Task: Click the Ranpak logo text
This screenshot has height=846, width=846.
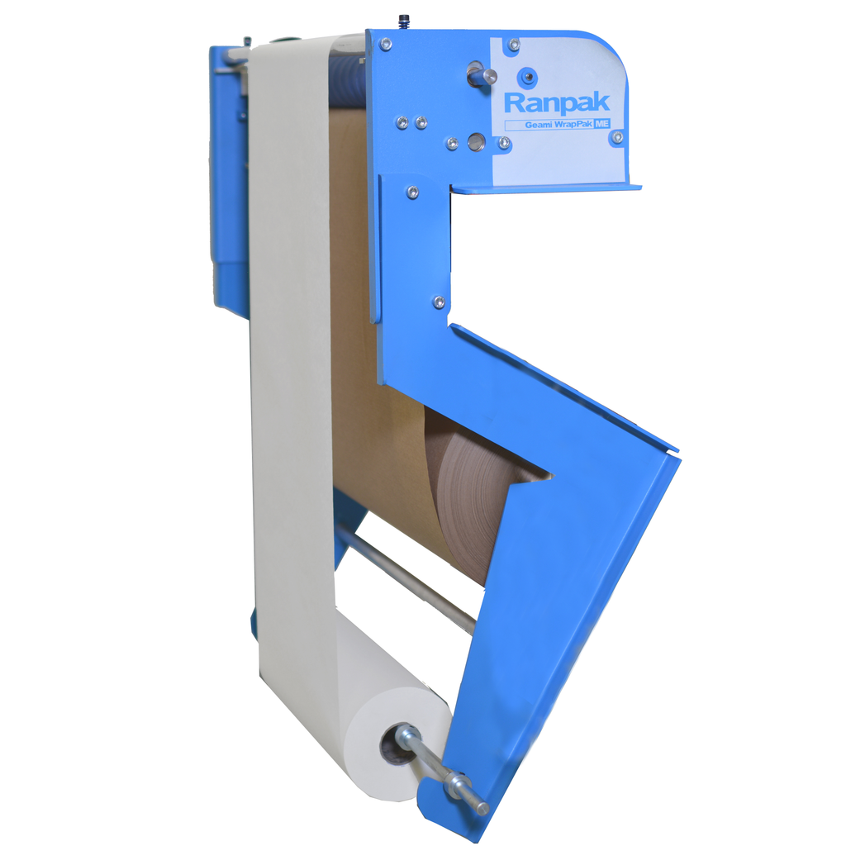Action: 557,102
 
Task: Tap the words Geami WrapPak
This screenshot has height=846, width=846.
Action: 559,125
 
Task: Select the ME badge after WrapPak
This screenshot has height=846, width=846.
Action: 602,124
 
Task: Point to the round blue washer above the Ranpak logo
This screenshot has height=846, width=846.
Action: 527,77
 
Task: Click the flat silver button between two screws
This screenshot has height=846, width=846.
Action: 477,142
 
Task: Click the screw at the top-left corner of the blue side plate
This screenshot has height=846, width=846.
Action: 385,44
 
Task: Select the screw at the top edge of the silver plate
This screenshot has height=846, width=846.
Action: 514,45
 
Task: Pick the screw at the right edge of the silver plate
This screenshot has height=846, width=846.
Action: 618,138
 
